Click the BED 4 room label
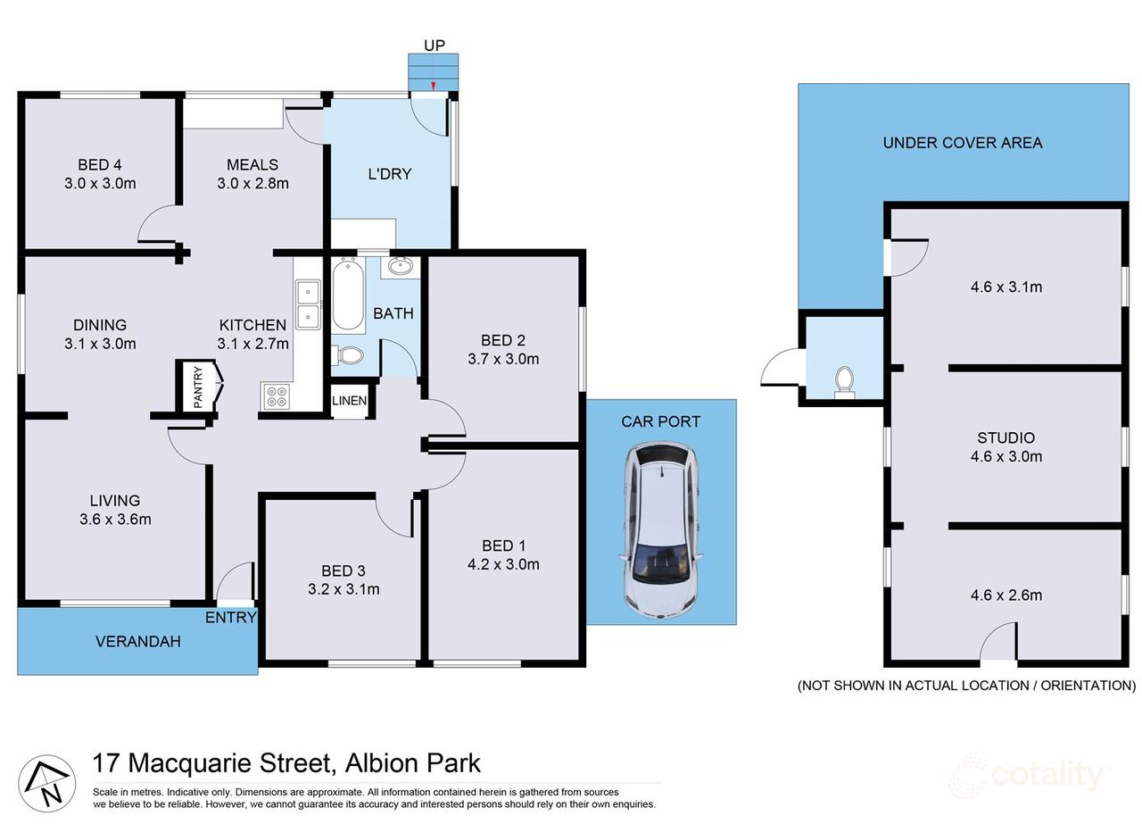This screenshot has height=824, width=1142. [100, 164]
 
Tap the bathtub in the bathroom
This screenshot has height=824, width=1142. [347, 295]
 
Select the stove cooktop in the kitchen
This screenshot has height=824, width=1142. [276, 395]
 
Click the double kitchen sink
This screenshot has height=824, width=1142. [309, 304]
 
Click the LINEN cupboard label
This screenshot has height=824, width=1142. [349, 401]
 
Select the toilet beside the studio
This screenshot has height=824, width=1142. [842, 382]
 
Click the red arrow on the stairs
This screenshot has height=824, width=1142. [433, 86]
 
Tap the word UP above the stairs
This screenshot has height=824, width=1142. [434, 44]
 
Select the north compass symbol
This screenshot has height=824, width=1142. [43, 781]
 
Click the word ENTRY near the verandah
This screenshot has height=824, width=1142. [231, 617]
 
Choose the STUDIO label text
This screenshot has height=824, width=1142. [1005, 437]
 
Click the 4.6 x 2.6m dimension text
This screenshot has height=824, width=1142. [1005, 595]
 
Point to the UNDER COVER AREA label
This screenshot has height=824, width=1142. [963, 143]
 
